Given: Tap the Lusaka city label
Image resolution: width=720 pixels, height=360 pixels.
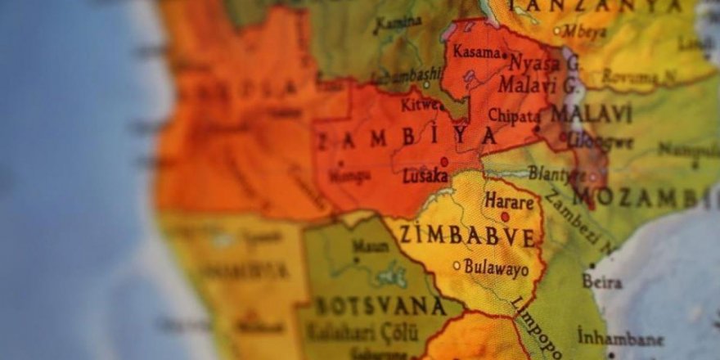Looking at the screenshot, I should point(425,176).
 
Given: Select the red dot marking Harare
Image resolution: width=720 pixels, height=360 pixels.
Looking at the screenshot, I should point(505,217).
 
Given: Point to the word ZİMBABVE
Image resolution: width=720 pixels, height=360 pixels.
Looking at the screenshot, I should point(467,236).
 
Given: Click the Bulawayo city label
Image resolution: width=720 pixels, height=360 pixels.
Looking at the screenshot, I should point(497,267).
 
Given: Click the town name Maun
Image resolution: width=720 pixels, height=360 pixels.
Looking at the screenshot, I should point(371,245).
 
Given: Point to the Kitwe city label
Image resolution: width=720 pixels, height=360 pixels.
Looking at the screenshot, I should point(419,105).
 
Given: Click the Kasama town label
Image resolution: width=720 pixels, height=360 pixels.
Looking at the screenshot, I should point(476,52).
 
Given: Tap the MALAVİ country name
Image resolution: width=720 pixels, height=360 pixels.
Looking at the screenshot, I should point(591,112).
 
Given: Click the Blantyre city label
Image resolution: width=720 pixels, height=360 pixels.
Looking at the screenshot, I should point(557,173).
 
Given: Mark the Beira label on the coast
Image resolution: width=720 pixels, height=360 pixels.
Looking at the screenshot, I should point(602,281).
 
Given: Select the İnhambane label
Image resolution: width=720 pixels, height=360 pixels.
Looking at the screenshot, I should point(620,337).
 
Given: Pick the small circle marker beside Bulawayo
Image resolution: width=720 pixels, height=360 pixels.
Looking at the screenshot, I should point(457,265).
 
